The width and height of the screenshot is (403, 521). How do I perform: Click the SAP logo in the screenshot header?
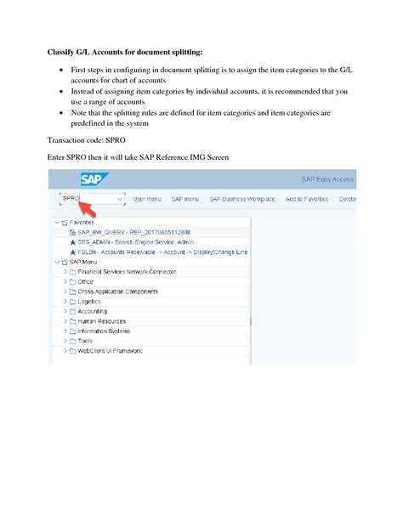(x=92, y=179)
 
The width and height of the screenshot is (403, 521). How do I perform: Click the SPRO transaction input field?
(x=81, y=198)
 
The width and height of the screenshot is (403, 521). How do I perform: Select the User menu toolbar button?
(x=147, y=199)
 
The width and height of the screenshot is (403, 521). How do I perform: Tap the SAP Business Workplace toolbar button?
(x=242, y=199)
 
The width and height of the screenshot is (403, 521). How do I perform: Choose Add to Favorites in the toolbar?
(x=307, y=199)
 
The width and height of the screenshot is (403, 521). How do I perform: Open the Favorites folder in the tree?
(x=82, y=221)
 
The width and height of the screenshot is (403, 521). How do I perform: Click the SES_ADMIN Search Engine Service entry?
(x=136, y=241)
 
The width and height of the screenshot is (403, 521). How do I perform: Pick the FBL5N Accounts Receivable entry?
(x=162, y=252)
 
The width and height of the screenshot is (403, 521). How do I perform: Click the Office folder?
(x=85, y=281)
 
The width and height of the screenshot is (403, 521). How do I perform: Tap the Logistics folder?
(x=89, y=302)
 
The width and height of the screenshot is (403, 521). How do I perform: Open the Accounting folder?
(x=92, y=311)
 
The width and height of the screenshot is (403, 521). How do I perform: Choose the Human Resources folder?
(x=101, y=321)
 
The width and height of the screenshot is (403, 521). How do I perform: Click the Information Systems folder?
(x=104, y=331)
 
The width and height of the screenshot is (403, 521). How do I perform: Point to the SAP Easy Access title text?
(x=328, y=180)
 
